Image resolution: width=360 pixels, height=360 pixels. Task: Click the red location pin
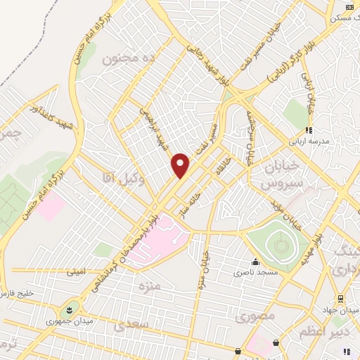(181, 165)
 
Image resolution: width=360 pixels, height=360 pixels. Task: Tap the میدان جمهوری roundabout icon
(70, 309)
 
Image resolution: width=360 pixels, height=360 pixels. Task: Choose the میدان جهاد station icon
(340, 299)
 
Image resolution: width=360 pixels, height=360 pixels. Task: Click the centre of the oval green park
(280, 245)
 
